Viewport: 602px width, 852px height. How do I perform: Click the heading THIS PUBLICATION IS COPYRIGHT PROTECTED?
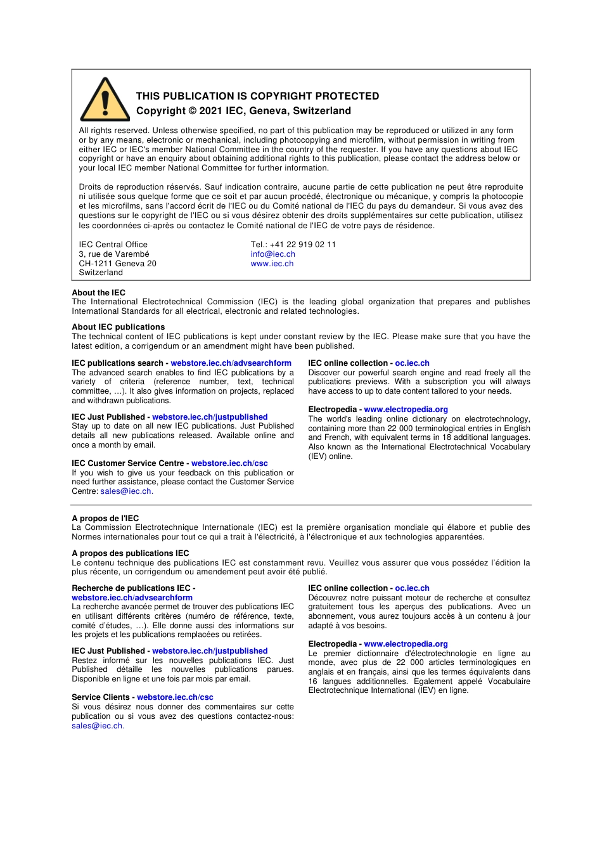tap(257, 96)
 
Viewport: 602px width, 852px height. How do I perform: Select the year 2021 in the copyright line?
tap(211, 111)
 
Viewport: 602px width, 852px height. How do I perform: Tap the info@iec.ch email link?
tap(272, 254)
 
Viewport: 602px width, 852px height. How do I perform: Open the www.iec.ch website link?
tap(272, 264)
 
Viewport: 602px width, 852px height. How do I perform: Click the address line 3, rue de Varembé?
tap(114, 254)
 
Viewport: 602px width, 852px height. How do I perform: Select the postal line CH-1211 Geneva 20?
tap(117, 264)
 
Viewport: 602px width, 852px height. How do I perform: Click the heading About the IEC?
tap(98, 293)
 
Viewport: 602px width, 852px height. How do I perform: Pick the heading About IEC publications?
tap(118, 327)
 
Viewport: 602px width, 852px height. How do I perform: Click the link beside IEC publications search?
tap(231, 363)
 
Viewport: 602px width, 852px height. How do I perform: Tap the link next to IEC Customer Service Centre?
tap(229, 463)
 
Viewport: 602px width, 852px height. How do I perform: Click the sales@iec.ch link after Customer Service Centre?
tap(125, 491)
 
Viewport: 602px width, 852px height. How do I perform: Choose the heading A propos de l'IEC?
tap(105, 519)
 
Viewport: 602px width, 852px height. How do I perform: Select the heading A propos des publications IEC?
tap(130, 553)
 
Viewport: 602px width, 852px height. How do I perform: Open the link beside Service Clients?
tap(175, 697)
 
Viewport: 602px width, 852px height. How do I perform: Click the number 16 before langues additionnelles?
tap(313, 681)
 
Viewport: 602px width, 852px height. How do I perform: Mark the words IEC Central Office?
tap(113, 245)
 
